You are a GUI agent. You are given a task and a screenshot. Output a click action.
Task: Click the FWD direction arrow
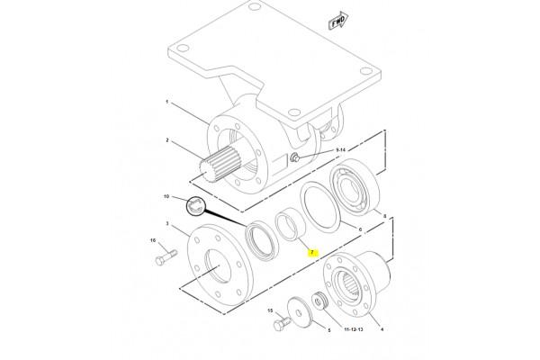tap(338, 21)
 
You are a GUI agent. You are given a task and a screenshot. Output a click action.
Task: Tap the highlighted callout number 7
tap(312, 253)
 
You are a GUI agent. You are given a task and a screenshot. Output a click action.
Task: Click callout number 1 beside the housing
tap(167, 102)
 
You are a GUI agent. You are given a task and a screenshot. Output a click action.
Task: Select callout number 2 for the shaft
tap(167, 140)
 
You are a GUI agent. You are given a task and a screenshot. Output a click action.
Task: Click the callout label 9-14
tap(340, 150)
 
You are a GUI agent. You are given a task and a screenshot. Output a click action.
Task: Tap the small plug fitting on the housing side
tap(294, 157)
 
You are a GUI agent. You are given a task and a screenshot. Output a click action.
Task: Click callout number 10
tap(166, 196)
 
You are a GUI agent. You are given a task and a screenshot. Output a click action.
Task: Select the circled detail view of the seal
tap(195, 206)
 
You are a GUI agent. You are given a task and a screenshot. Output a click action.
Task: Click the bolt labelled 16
tap(166, 257)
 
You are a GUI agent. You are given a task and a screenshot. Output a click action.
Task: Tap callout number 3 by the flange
tap(167, 223)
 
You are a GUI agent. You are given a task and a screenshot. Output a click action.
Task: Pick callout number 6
tap(361, 229)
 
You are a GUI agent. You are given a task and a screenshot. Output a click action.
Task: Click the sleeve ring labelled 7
tap(291, 226)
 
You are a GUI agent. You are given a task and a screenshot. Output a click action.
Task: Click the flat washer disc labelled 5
tap(300, 312)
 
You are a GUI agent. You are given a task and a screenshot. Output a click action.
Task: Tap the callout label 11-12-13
tap(354, 329)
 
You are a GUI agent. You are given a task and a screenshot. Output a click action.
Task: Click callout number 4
tap(382, 329)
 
